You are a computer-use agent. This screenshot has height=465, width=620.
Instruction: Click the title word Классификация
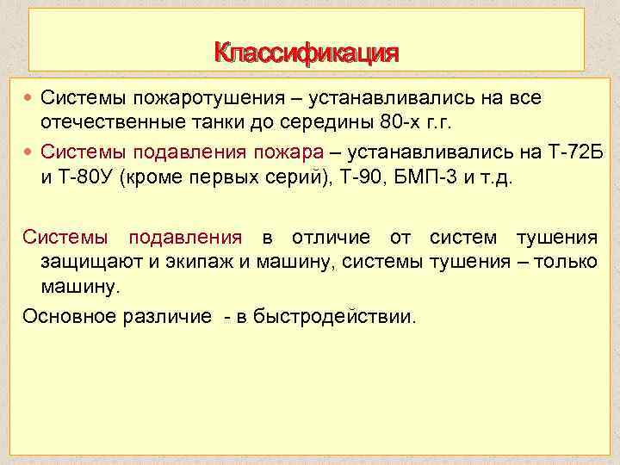click(307, 53)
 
